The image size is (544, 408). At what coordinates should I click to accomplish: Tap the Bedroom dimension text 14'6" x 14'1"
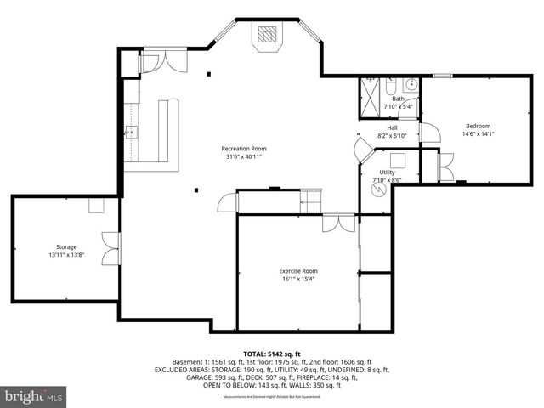coord(478,133)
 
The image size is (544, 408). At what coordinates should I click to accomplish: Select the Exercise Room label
coord(297,271)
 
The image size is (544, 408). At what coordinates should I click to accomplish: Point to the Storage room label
coord(66,246)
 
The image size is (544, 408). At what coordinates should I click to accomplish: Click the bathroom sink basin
coord(411,84)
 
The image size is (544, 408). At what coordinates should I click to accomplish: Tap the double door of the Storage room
coord(110,248)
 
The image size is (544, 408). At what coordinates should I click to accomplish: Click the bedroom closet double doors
coord(444,167)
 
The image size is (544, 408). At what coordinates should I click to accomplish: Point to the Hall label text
coord(392,127)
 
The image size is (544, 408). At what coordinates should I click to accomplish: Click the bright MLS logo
coord(34,396)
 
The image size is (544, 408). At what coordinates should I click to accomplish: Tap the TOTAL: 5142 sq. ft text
coord(271,353)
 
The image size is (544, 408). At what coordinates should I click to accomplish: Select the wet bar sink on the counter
coord(132,132)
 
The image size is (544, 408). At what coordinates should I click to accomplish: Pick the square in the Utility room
coord(397,160)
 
